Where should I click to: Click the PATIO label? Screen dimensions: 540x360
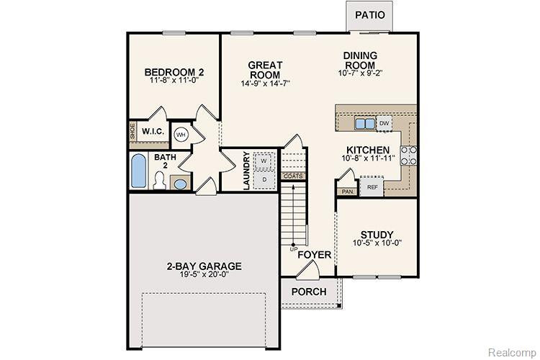tap(370, 15)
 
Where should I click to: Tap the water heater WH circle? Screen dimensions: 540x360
tap(181, 135)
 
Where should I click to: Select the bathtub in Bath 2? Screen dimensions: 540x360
tap(138, 171)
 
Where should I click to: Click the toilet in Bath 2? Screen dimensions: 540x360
tap(159, 181)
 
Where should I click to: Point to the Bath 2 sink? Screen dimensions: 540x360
tap(180, 184)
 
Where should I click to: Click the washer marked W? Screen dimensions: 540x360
tap(264, 161)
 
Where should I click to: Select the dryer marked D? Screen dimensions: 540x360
tap(264, 179)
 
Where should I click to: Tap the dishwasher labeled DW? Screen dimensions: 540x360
tap(384, 123)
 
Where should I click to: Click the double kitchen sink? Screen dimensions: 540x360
tap(365, 123)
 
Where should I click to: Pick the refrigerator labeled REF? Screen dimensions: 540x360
tap(372, 187)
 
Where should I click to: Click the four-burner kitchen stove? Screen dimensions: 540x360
tap(408, 156)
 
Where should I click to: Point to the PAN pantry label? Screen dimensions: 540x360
tap(347, 192)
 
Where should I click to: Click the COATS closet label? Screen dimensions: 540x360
tap(293, 176)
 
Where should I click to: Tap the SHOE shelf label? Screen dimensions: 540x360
tap(132, 131)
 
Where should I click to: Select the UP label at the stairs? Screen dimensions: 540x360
tap(294, 248)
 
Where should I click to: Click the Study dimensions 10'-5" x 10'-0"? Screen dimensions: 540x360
tap(377, 243)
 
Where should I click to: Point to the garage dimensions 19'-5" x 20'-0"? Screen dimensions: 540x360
tap(204, 274)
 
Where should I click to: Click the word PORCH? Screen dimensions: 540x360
tap(309, 292)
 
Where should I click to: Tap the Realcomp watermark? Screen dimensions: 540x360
tap(512, 352)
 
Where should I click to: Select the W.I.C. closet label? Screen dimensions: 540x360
tap(153, 132)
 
